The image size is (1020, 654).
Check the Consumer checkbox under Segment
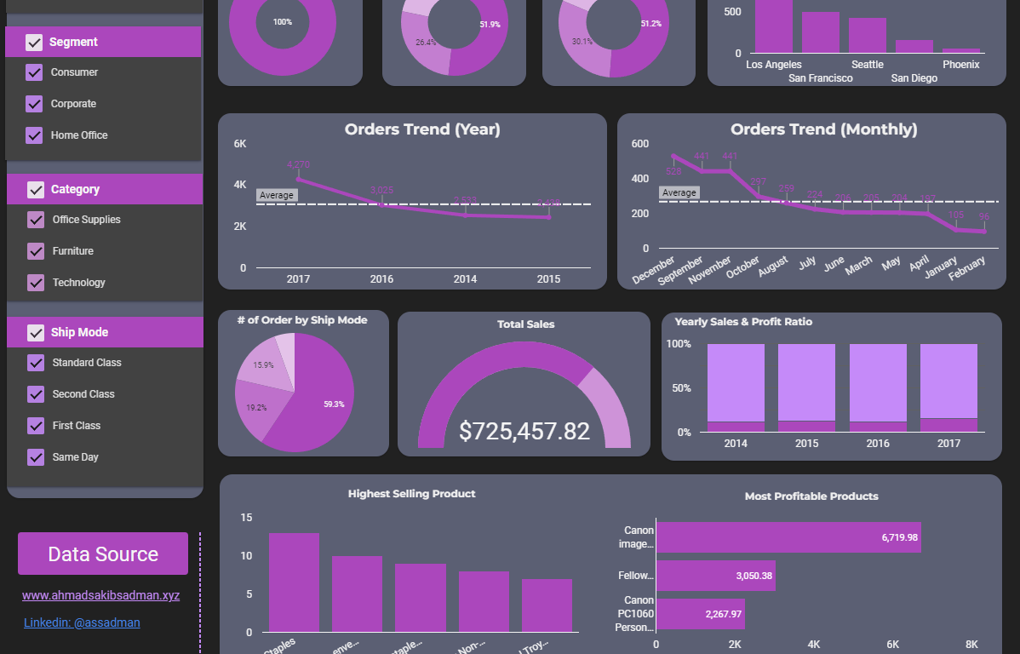tap(34, 72)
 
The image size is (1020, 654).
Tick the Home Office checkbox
tap(34, 135)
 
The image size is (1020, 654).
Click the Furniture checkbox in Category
tap(36, 251)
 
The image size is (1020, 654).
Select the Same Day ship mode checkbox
tap(36, 457)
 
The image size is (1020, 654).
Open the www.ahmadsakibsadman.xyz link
tap(100, 595)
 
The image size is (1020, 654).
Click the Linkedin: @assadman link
tap(82, 622)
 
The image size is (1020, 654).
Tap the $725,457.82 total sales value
tap(524, 431)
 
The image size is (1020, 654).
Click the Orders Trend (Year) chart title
tap(422, 129)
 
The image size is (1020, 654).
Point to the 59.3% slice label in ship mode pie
tap(334, 404)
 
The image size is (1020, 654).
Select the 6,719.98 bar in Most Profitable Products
tap(788, 537)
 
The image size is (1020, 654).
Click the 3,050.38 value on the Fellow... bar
tap(754, 577)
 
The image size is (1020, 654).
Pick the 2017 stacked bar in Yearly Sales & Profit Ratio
tap(948, 387)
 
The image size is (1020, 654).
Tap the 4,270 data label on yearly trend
tap(299, 164)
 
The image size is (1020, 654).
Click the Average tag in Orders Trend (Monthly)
tap(679, 193)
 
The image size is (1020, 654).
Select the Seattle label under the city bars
tap(867, 65)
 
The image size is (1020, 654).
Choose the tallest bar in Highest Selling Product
tap(294, 582)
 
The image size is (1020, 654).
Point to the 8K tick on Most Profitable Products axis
tap(971, 645)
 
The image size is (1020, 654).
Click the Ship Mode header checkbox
tap(36, 332)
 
